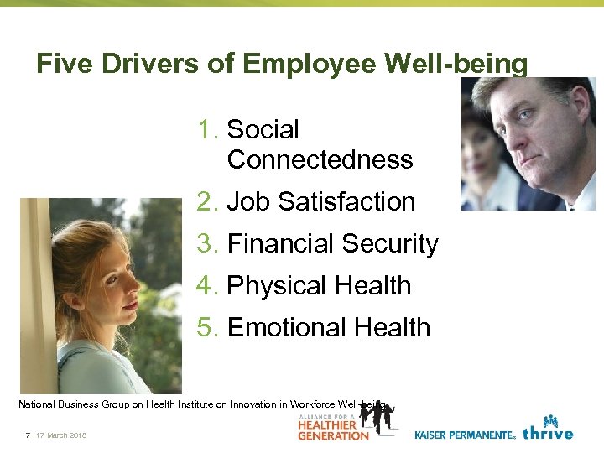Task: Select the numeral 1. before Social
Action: tap(209, 130)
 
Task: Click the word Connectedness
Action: tap(320, 159)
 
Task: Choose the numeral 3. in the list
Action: tap(209, 243)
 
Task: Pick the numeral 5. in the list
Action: tap(209, 327)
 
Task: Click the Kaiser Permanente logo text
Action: tap(464, 435)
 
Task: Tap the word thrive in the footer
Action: tap(547, 433)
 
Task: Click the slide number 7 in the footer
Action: tap(28, 435)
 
